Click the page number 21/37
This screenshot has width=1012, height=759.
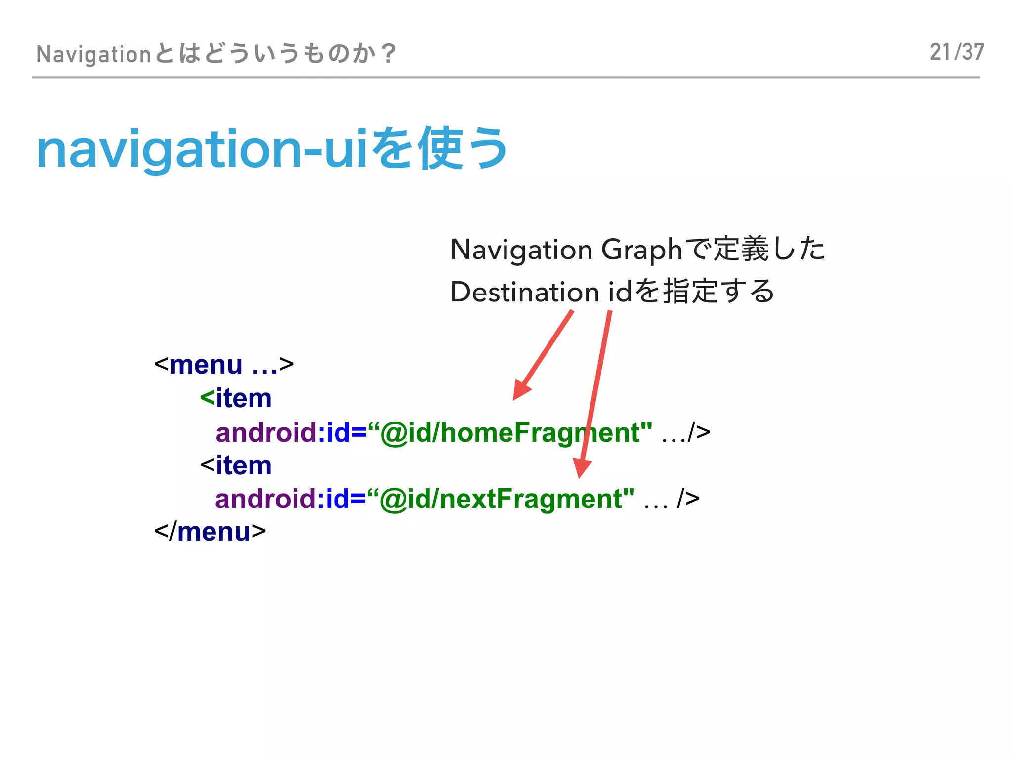[x=957, y=52]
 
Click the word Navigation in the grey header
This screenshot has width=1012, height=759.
[x=93, y=54]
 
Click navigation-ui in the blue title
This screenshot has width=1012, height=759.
[x=202, y=150]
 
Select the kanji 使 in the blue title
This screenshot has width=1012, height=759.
[x=440, y=148]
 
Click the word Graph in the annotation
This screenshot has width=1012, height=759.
[x=641, y=250]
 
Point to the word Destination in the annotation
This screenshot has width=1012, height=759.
[x=525, y=292]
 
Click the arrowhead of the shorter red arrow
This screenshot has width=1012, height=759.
[x=520, y=390]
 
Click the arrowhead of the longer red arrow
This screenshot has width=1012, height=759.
[x=581, y=468]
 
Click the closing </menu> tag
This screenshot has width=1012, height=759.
[x=210, y=532]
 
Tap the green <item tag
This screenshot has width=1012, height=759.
[x=236, y=398]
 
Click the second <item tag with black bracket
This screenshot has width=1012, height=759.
[x=236, y=465]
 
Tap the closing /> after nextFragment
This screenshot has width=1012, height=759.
[x=688, y=499]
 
